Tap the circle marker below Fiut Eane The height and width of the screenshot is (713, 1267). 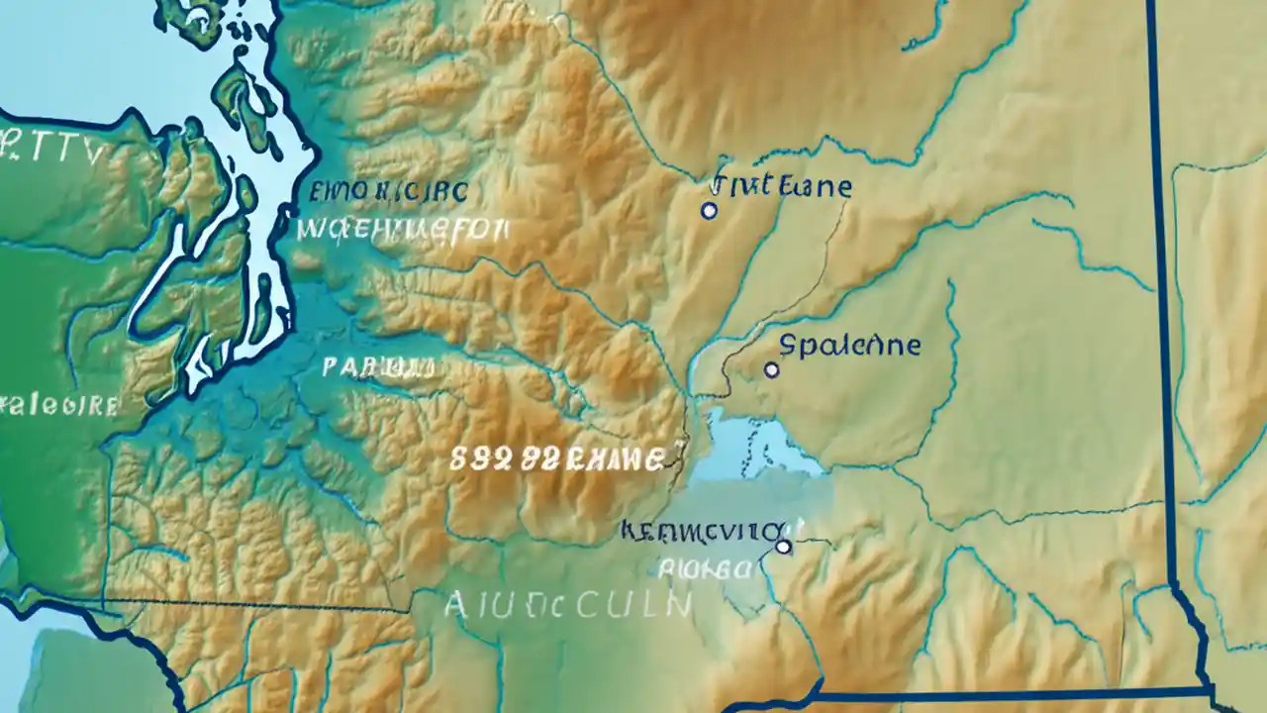709,211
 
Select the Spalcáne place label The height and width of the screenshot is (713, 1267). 850,346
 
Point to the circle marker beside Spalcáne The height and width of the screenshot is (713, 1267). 772,370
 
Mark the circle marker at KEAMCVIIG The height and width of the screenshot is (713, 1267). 783,546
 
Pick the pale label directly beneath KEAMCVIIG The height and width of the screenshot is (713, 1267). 704,568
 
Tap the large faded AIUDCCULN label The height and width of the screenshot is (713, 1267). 568,603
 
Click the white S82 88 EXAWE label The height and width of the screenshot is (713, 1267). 556,459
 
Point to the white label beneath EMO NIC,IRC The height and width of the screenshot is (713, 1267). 402,232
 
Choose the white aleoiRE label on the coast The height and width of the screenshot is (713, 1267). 59,405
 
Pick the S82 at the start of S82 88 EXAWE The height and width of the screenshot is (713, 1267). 477,459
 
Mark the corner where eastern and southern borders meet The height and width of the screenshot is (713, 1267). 1212,688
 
